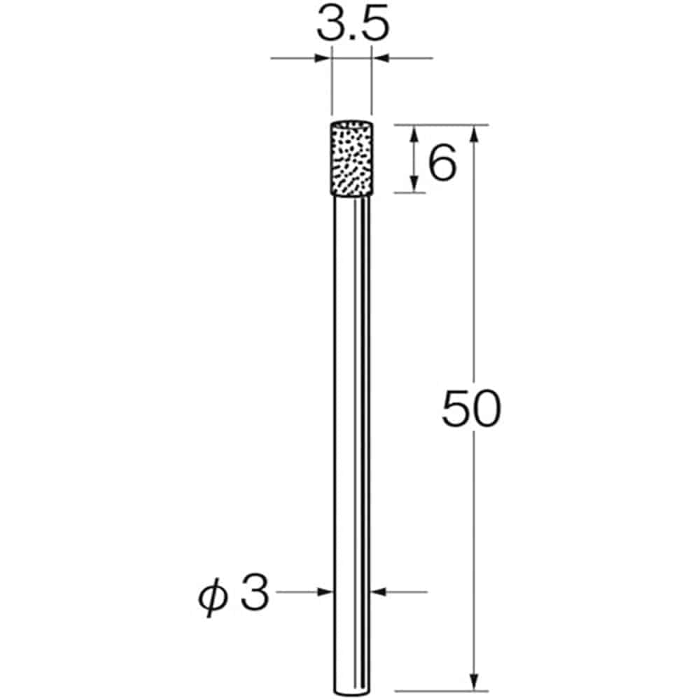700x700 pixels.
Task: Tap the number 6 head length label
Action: point(442,164)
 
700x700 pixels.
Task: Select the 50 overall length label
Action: point(472,409)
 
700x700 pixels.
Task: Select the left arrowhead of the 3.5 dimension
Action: point(323,59)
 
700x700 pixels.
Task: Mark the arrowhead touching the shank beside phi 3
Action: point(325,592)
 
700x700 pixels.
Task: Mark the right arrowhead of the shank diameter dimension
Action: point(378,592)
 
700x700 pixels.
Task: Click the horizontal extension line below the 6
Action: point(409,192)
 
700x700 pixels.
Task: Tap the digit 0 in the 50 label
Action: point(487,409)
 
